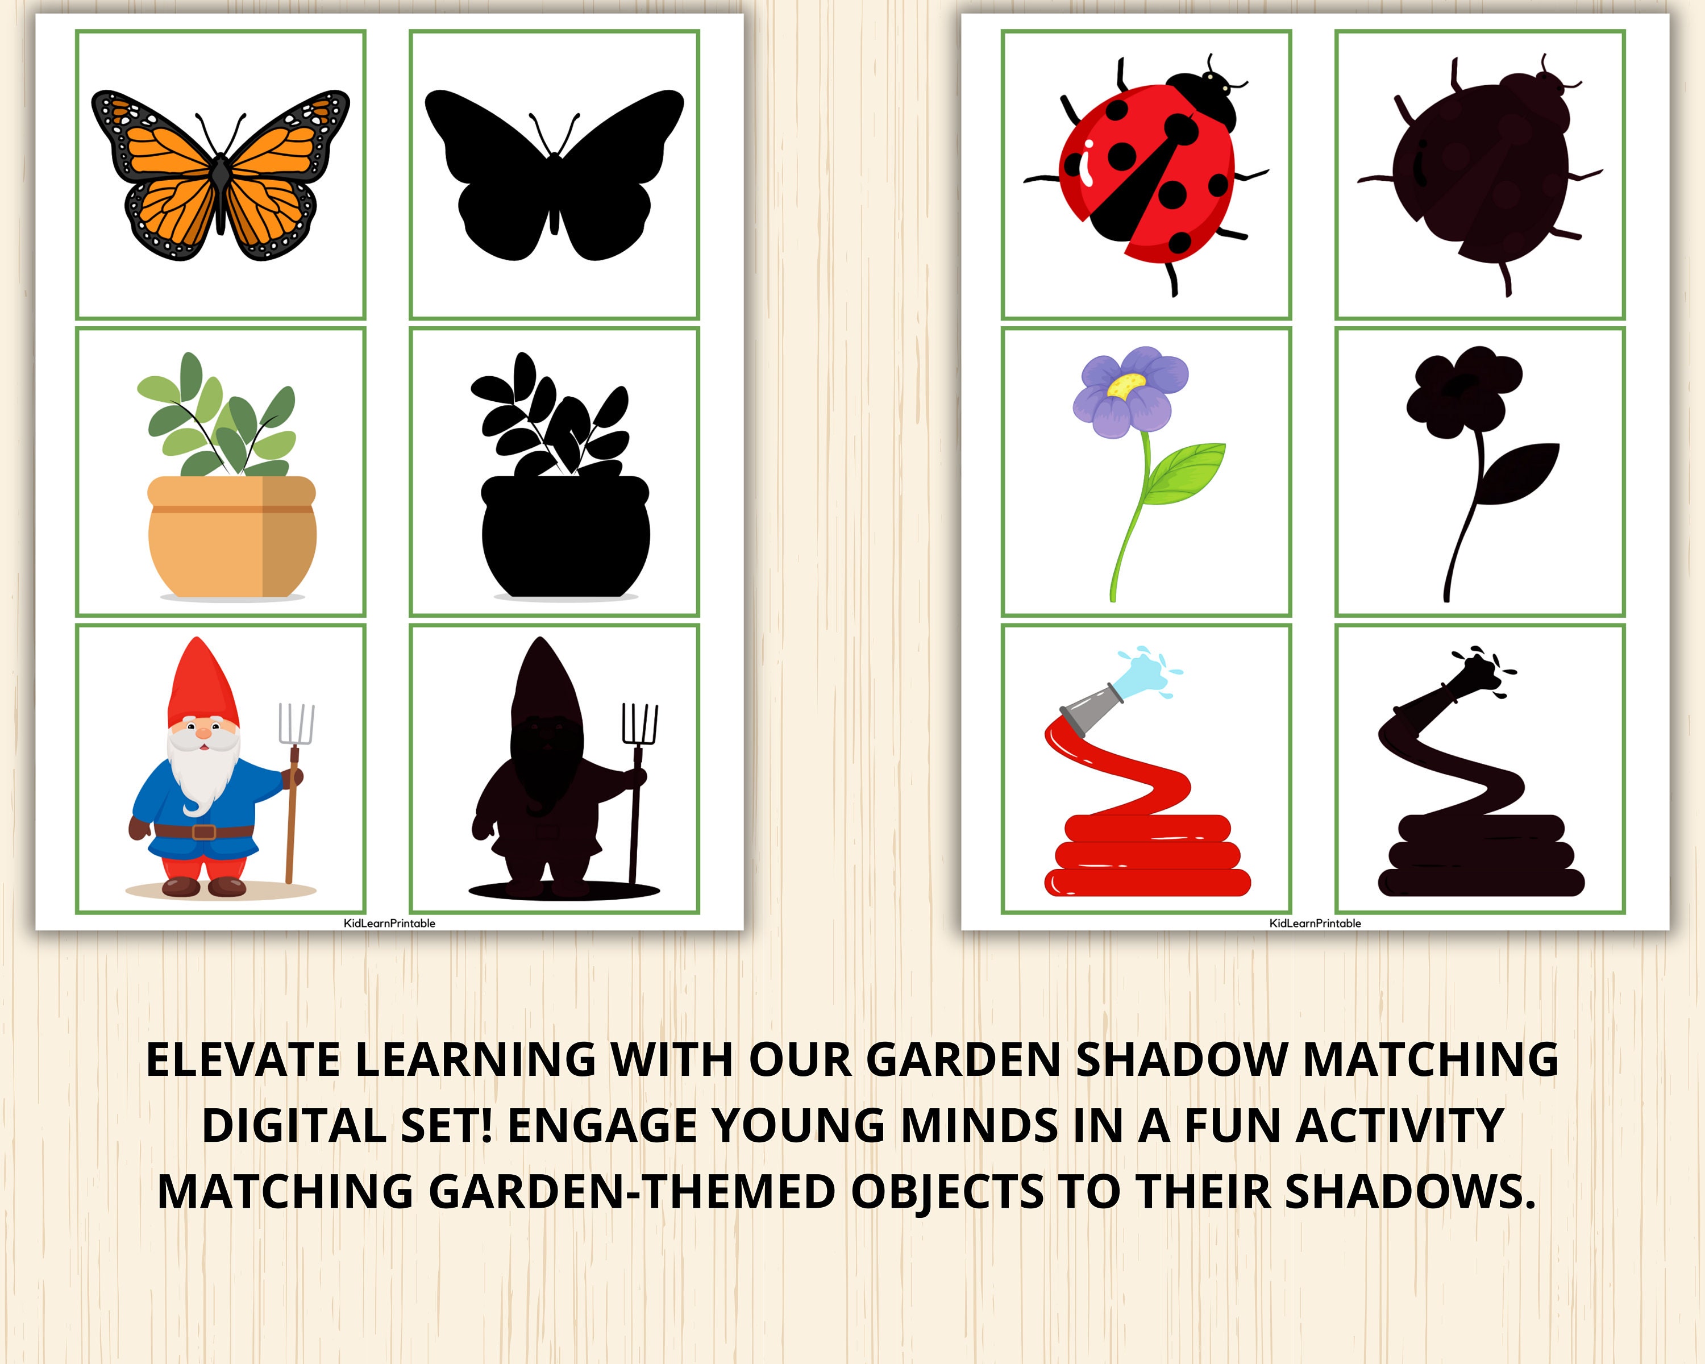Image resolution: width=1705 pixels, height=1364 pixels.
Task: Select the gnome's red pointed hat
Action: [196, 680]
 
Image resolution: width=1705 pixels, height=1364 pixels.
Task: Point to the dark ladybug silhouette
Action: [1475, 174]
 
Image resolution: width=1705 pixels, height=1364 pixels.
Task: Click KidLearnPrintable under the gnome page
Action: [389, 923]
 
